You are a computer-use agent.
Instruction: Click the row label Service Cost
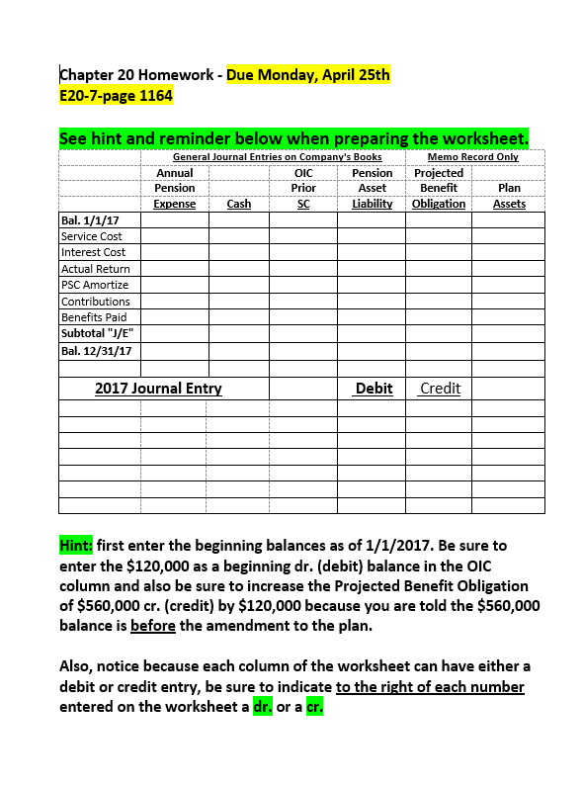(92, 236)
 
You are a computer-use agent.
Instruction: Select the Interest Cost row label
(94, 252)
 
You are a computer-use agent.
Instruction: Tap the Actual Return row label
(96, 269)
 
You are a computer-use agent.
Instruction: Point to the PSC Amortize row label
(95, 285)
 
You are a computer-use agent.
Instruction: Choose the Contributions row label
(96, 302)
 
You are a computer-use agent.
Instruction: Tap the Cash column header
(238, 204)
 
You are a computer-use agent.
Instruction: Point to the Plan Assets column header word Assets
(509, 204)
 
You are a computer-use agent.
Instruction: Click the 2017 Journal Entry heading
(158, 389)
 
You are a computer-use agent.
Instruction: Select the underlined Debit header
(374, 389)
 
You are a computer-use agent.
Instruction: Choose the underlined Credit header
(440, 389)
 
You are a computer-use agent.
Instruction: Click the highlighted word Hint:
(76, 545)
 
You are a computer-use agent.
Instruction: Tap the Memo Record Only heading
(472, 157)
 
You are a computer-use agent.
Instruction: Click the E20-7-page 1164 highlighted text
(117, 96)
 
